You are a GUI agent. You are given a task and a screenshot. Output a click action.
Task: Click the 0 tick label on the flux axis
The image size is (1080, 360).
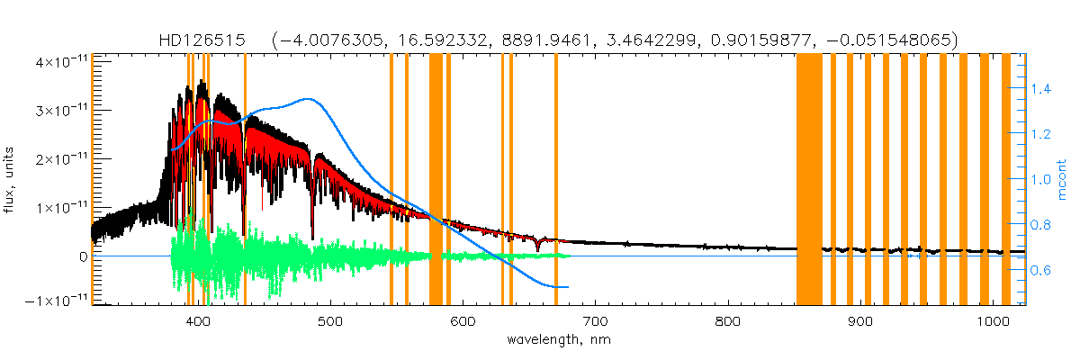point(83,256)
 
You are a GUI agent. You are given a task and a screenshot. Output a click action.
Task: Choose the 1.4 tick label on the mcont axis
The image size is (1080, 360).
point(1041,88)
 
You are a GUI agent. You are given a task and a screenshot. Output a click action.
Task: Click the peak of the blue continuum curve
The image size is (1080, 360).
point(308,99)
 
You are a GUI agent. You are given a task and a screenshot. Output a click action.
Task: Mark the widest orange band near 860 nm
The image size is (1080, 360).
point(809,180)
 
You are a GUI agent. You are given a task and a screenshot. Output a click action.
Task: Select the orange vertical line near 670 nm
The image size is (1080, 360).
point(556,180)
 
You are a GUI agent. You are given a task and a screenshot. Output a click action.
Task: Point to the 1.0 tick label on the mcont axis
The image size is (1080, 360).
point(1041,179)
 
